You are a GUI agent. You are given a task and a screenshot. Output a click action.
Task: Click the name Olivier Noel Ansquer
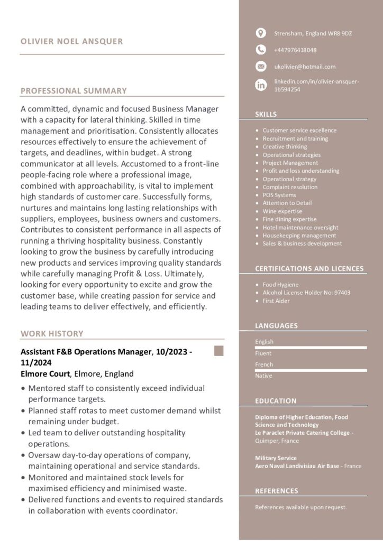[71, 41]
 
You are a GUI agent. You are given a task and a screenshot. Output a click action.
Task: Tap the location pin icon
[261, 33]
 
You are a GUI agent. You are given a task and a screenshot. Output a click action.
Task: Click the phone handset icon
[261, 50]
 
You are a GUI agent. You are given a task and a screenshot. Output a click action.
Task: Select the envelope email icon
[261, 67]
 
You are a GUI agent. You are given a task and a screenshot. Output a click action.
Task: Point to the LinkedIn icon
[261, 85]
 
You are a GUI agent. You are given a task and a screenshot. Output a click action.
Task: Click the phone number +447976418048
[295, 50]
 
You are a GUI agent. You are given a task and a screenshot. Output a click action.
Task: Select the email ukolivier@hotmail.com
[305, 67]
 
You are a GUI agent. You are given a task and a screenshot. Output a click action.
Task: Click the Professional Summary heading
[74, 91]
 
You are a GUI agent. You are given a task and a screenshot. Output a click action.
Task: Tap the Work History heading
[52, 333]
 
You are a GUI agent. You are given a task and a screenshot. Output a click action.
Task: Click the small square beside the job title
[218, 351]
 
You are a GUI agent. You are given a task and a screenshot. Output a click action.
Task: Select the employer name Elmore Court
[45, 374]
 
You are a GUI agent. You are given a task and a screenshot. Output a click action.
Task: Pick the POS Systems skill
[279, 195]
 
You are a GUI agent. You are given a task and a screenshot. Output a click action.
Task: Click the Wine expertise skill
[282, 211]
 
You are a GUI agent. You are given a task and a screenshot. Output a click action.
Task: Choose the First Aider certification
[276, 301]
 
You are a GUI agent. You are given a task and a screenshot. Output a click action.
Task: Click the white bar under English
[311, 348]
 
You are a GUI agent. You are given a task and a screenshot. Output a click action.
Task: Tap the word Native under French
[263, 376]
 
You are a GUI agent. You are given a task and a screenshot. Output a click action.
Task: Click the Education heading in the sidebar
[276, 401]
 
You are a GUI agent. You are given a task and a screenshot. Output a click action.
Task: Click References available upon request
[300, 507]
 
